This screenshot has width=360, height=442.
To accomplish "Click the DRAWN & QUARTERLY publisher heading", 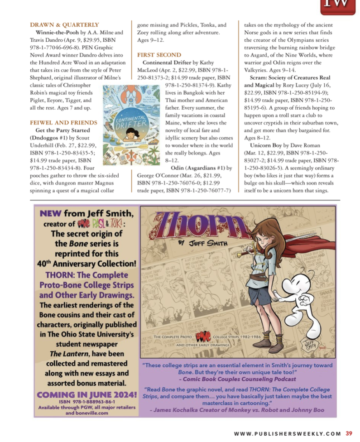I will pyautogui.click(x=64, y=24).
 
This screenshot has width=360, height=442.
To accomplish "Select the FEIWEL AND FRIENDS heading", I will pyautogui.click(x=63, y=123).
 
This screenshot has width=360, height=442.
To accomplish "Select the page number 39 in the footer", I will pyautogui.click(x=349, y=433).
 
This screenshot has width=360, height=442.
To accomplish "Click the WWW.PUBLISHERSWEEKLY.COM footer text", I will pyautogui.click(x=288, y=433).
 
